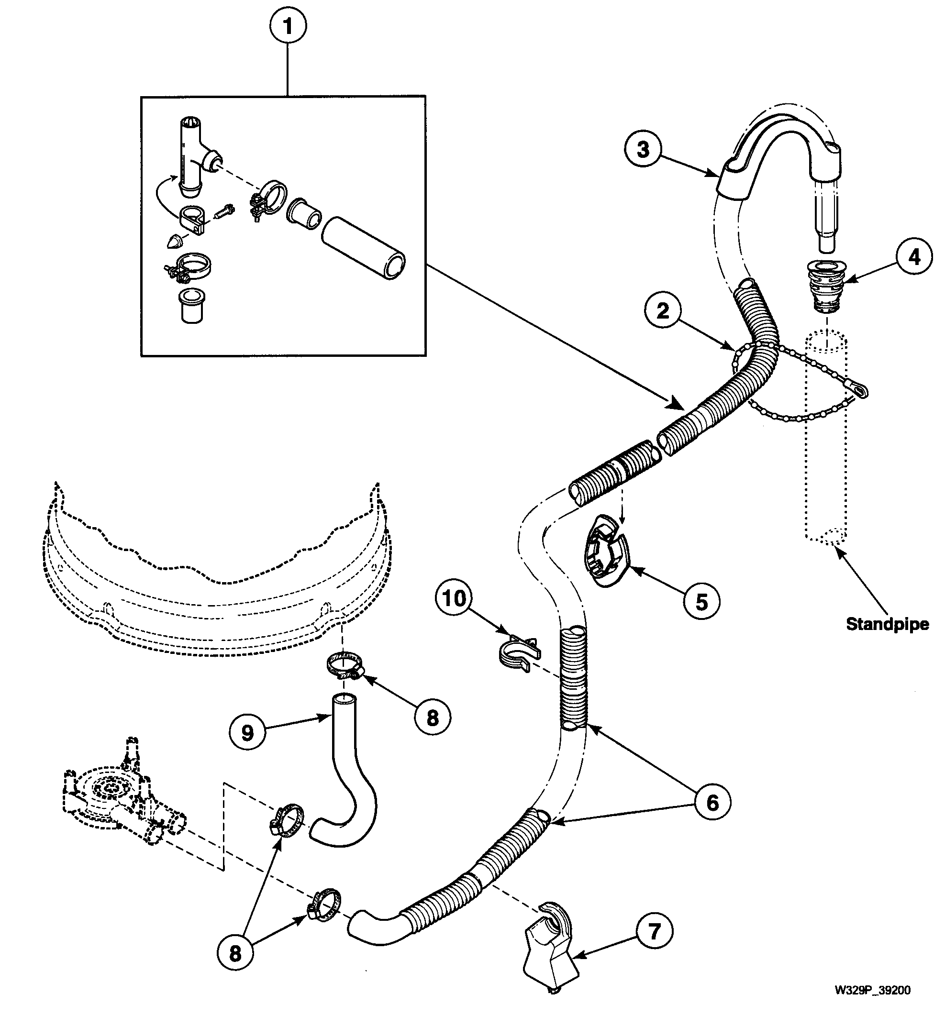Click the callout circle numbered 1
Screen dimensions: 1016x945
pos(288,26)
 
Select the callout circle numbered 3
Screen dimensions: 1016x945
pos(643,149)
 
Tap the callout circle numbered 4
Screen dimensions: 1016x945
pos(914,256)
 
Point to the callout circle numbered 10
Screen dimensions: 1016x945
pos(455,597)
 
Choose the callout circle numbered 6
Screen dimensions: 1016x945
pos(712,802)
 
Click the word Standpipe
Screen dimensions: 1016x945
pos(887,624)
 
